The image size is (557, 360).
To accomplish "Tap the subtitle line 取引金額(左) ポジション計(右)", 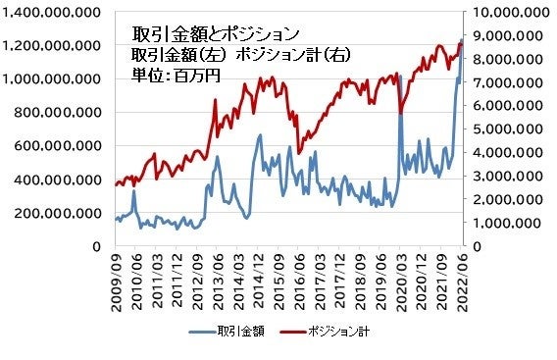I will [240, 54].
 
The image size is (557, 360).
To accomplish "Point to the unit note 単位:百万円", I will [177, 75].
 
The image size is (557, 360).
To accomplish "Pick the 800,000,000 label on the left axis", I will [55, 113].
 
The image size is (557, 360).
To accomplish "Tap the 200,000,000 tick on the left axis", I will [55, 213].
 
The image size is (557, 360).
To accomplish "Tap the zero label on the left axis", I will [97, 246].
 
